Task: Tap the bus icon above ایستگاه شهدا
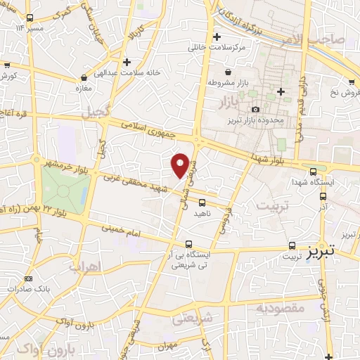click(313, 170)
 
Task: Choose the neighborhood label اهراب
click(86, 266)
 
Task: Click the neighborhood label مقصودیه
click(279, 307)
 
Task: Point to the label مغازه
click(84, 88)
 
